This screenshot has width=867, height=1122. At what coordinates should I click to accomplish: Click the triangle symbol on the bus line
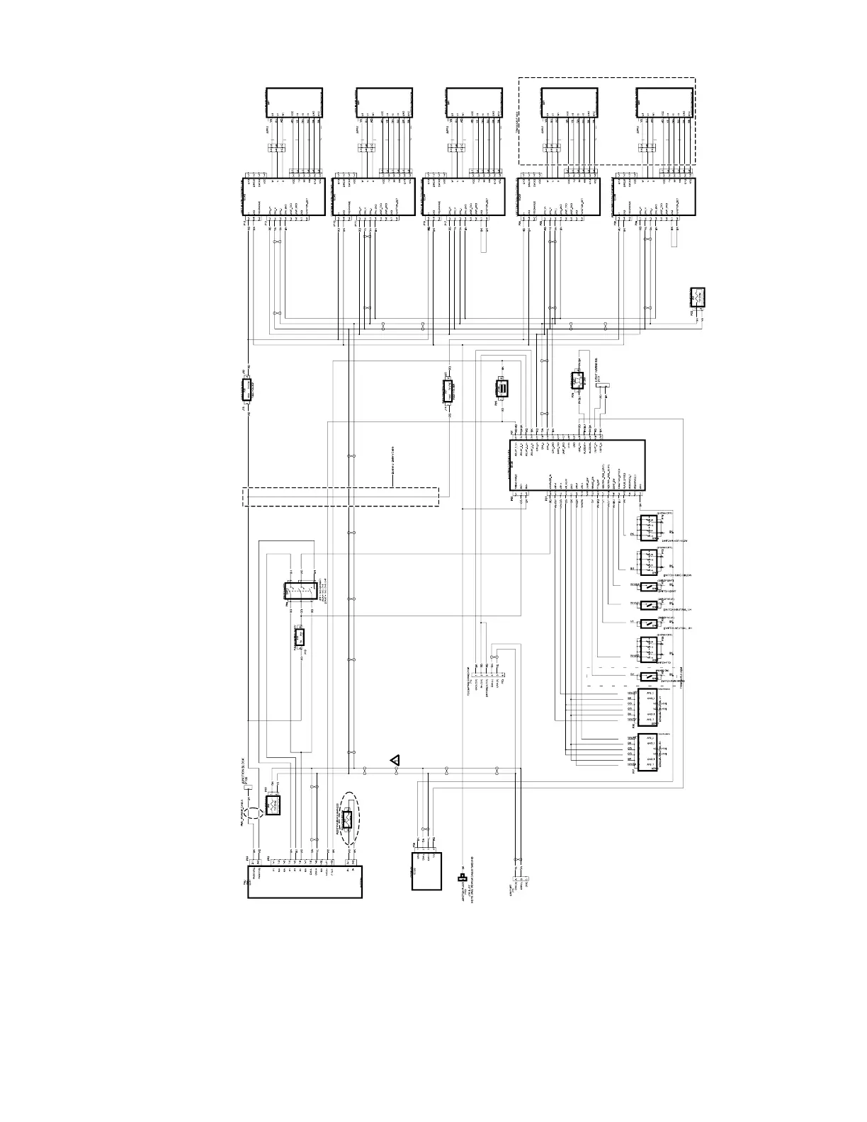click(395, 760)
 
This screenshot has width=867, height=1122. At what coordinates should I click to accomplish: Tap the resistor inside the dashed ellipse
click(348, 820)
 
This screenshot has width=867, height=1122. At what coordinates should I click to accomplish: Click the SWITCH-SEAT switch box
click(648, 586)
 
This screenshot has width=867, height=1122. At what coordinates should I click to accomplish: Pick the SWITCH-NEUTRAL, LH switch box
click(648, 605)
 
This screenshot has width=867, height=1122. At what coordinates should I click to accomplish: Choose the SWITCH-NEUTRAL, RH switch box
click(648, 623)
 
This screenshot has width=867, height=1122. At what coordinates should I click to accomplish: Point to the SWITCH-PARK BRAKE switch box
click(648, 676)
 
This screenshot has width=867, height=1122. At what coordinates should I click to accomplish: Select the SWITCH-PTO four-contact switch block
click(648, 649)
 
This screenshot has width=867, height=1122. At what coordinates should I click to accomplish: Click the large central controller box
click(577, 465)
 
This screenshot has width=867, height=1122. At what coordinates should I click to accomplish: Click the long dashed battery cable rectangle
click(341, 497)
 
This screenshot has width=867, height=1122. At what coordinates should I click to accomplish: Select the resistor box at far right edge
click(698, 297)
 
